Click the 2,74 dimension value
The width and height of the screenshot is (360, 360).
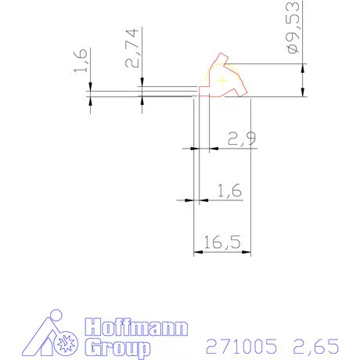131,48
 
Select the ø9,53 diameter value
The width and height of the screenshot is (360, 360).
293,27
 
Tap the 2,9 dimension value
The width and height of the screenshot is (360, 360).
242,139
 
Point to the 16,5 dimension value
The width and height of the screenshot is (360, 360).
222,242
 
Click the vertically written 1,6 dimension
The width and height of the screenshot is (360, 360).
80,60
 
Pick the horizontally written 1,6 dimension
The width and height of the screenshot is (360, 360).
229,190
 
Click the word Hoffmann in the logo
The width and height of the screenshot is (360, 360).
136,327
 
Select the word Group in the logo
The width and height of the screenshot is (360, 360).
117,347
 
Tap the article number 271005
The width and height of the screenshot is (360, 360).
241,346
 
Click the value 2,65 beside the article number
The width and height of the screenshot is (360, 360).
316,347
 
